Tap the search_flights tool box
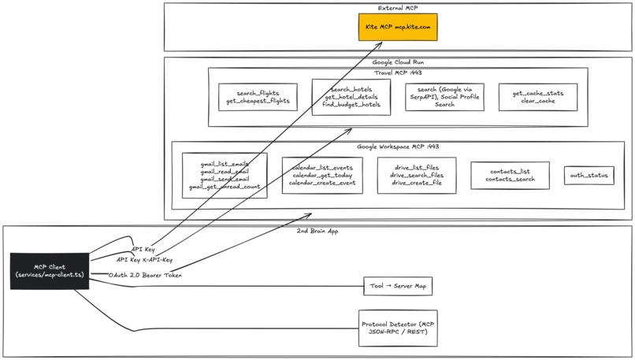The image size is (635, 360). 258,97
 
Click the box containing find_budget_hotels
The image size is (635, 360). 351,98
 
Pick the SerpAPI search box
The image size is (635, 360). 445,97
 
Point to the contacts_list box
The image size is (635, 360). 510,175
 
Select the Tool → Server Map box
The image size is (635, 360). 397,285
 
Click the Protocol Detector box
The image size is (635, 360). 398,328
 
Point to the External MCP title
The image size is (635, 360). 398,8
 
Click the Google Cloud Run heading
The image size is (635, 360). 398,61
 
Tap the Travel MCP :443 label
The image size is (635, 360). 397,72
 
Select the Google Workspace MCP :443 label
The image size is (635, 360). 397,147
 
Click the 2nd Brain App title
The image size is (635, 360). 318,231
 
